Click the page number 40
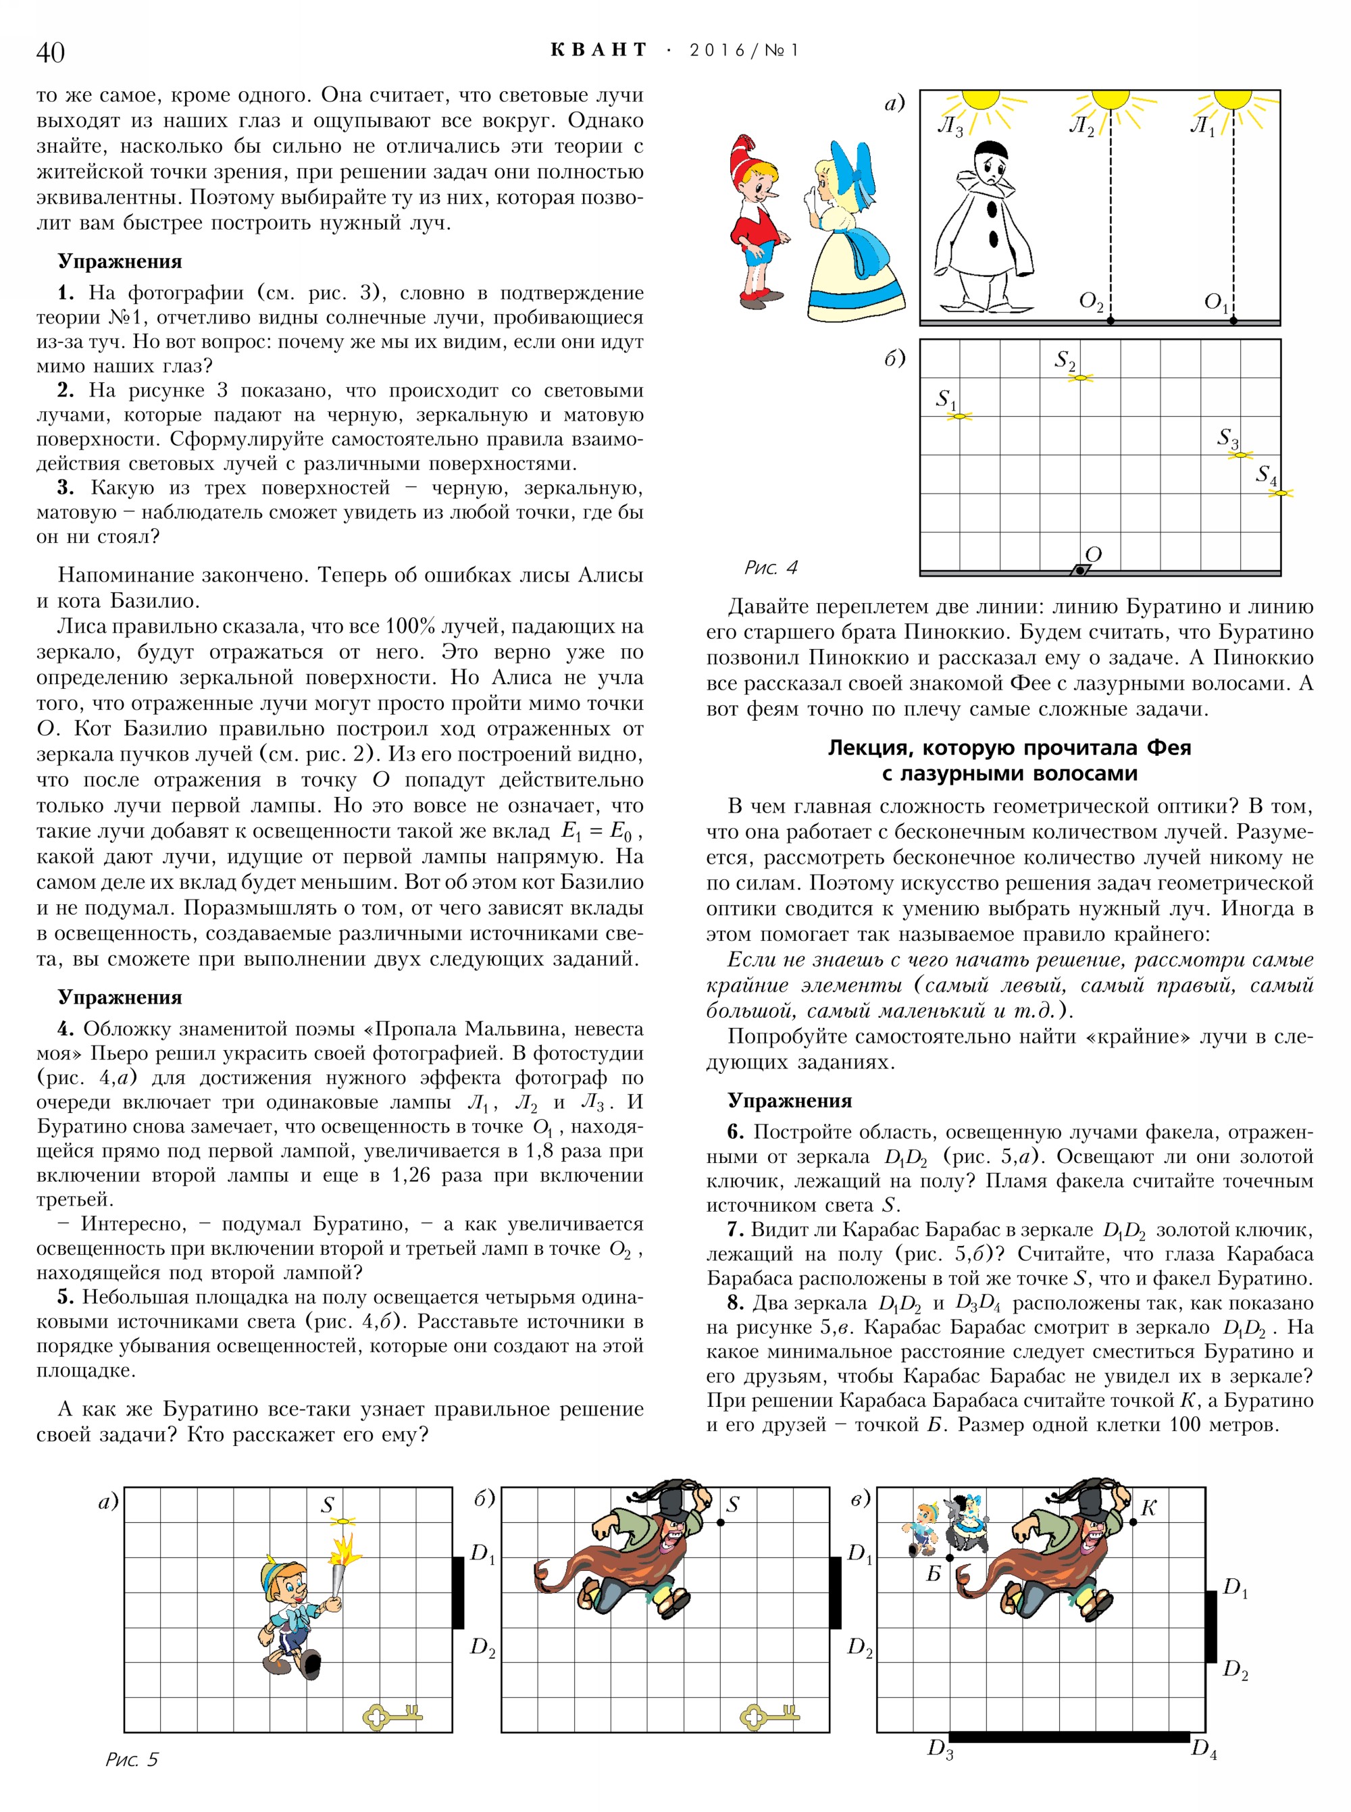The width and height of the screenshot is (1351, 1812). click(50, 52)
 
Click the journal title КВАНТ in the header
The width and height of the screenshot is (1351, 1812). click(598, 50)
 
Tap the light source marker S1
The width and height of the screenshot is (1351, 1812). click(959, 416)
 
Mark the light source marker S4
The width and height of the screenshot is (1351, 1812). click(1280, 493)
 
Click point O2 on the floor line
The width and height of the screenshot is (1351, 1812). click(1111, 321)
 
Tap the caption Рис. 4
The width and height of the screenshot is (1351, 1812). click(770, 567)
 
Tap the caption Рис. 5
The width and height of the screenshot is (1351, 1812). click(132, 1759)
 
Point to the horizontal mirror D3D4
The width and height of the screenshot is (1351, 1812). click(1069, 1737)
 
